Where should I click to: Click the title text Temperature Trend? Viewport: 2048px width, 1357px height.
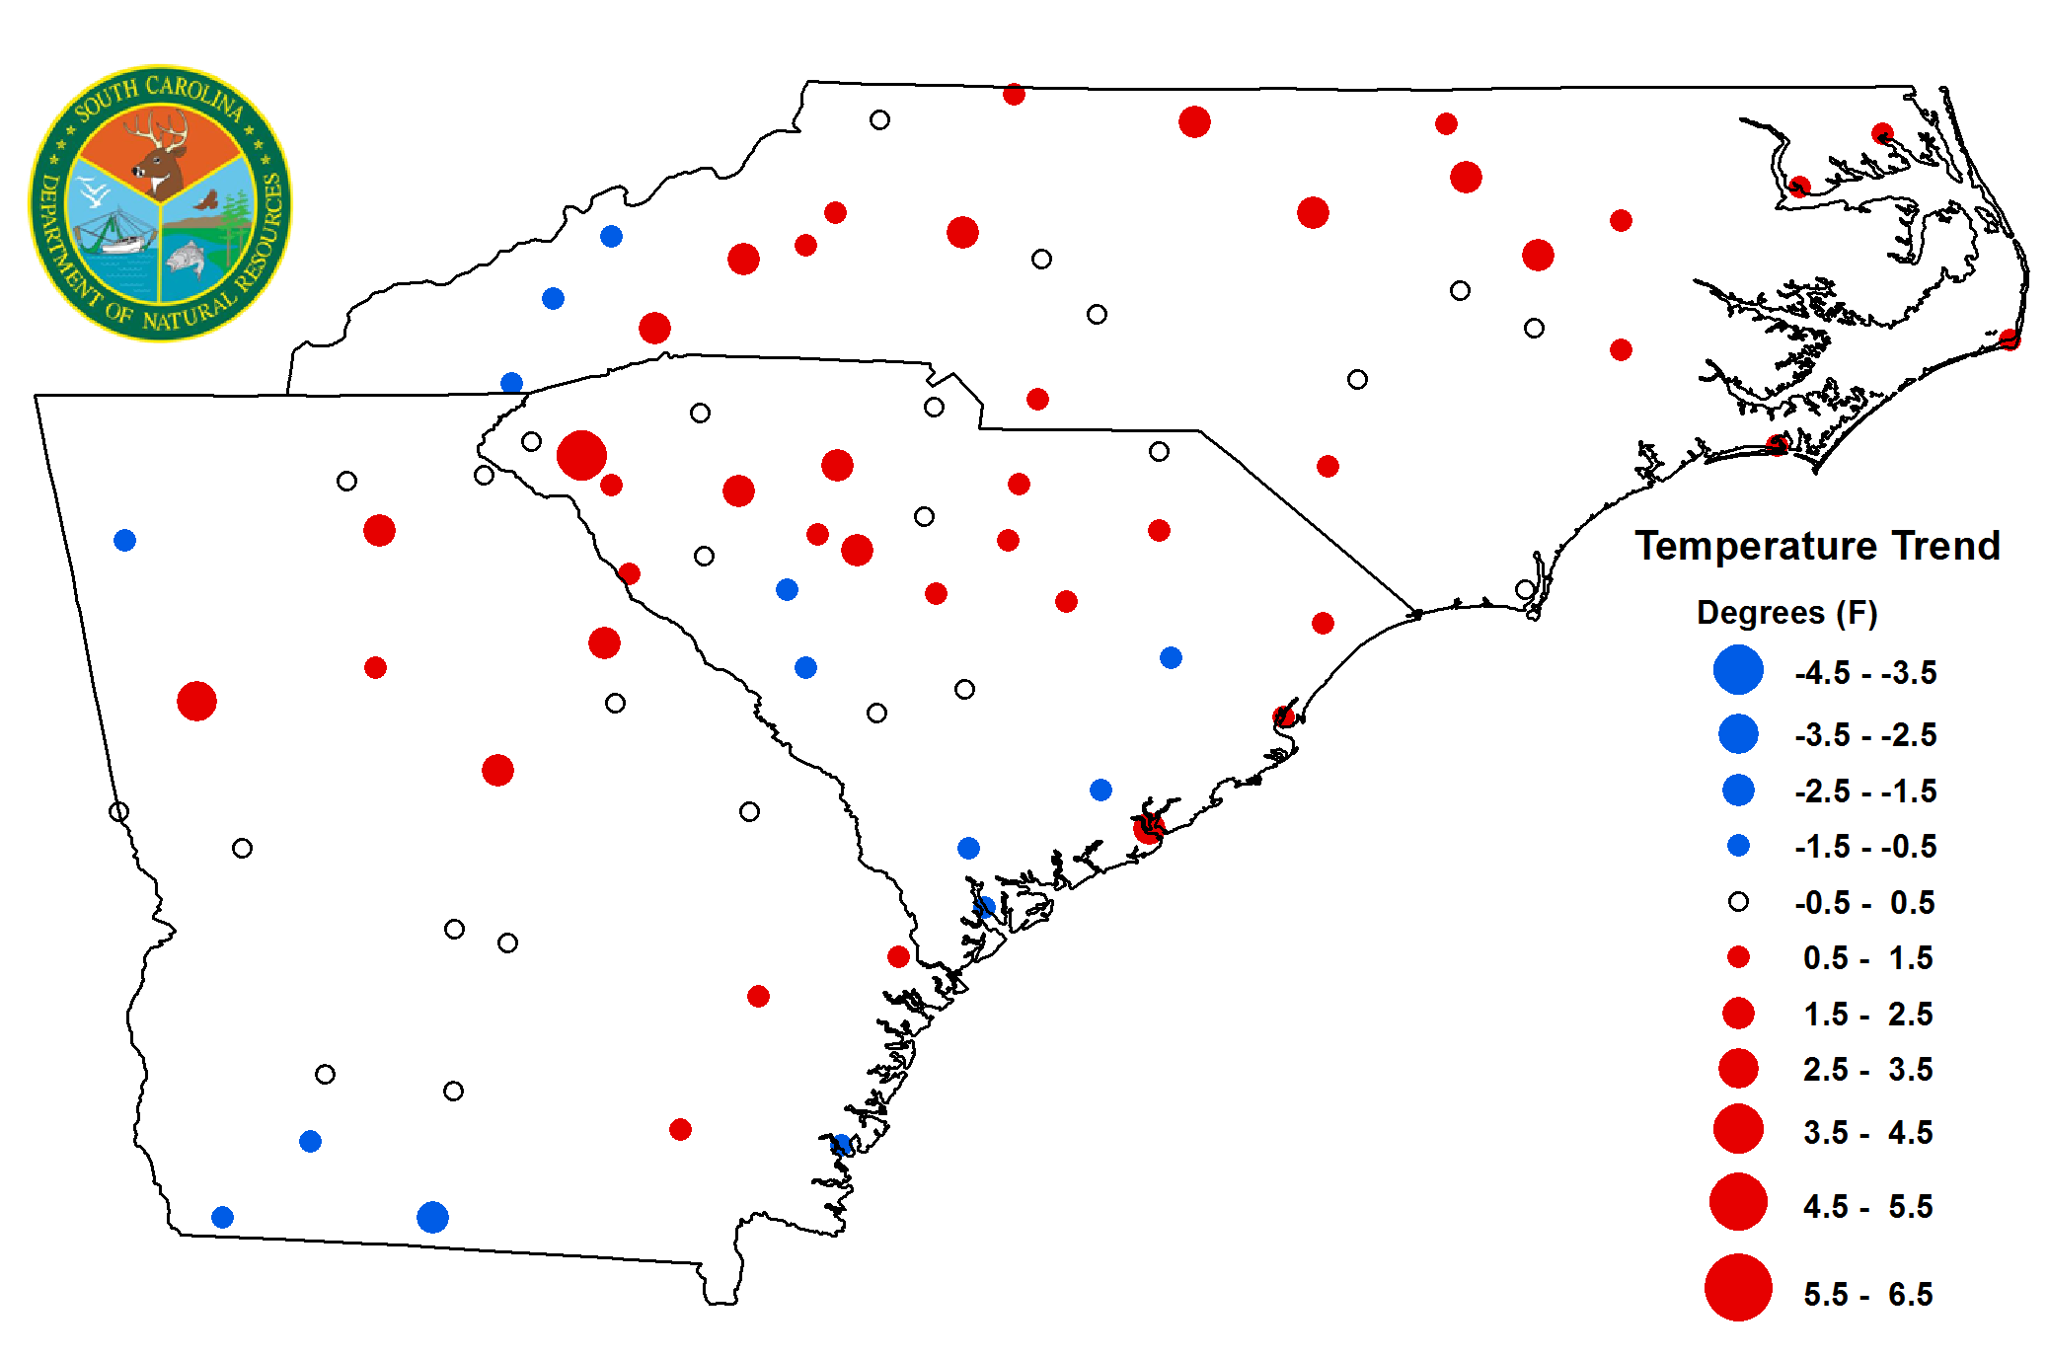click(x=1817, y=546)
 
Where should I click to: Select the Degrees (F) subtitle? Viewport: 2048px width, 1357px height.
click(x=1786, y=613)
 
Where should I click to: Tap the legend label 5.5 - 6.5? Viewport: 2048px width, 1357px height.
click(x=1867, y=1294)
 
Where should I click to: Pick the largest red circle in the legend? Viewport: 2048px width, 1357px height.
click(x=1738, y=1288)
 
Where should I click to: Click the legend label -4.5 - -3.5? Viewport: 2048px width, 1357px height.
click(x=1865, y=673)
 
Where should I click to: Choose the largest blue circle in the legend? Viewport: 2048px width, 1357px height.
click(x=1738, y=670)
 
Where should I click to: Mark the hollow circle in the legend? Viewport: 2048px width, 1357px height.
click(x=1738, y=901)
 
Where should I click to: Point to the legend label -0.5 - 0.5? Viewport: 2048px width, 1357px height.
click(x=1864, y=902)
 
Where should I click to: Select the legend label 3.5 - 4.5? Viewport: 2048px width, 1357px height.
click(x=1867, y=1132)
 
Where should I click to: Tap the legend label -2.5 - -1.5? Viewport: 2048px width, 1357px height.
click(x=1865, y=791)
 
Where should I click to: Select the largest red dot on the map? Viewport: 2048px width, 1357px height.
click(x=581, y=455)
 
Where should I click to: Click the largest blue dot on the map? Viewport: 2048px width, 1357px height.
click(x=432, y=1217)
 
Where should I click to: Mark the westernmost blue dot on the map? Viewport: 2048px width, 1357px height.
click(x=124, y=540)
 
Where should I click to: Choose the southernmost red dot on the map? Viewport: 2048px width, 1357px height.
click(x=680, y=1129)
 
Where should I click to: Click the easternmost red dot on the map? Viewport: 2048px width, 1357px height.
click(x=2010, y=340)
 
